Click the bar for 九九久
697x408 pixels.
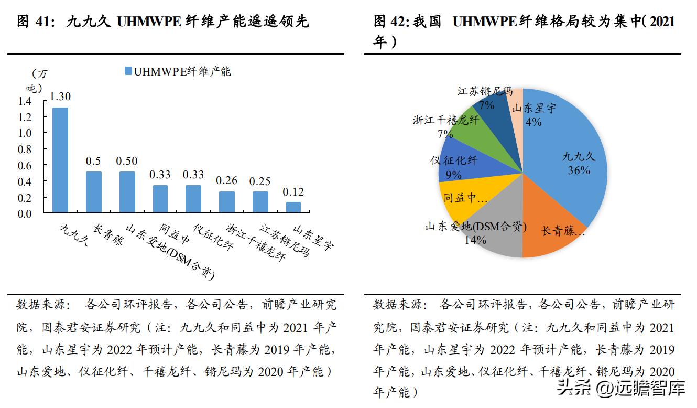point(60,160)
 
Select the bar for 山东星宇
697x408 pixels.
point(293,208)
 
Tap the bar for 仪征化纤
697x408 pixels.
point(193,199)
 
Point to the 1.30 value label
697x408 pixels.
point(60,96)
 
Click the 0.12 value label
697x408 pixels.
point(293,192)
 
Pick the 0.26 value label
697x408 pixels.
point(226,181)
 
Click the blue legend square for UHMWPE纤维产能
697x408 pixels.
point(128,71)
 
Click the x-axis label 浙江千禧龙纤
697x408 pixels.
point(255,243)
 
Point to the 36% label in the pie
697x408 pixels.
point(579,170)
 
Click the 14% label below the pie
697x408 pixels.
point(475,240)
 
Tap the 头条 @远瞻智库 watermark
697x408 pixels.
point(621,389)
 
